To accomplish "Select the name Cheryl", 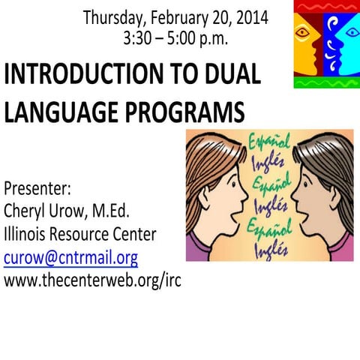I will pos(25,211).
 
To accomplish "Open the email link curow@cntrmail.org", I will pos(70,258).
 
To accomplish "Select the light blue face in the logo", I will pos(341,37).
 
